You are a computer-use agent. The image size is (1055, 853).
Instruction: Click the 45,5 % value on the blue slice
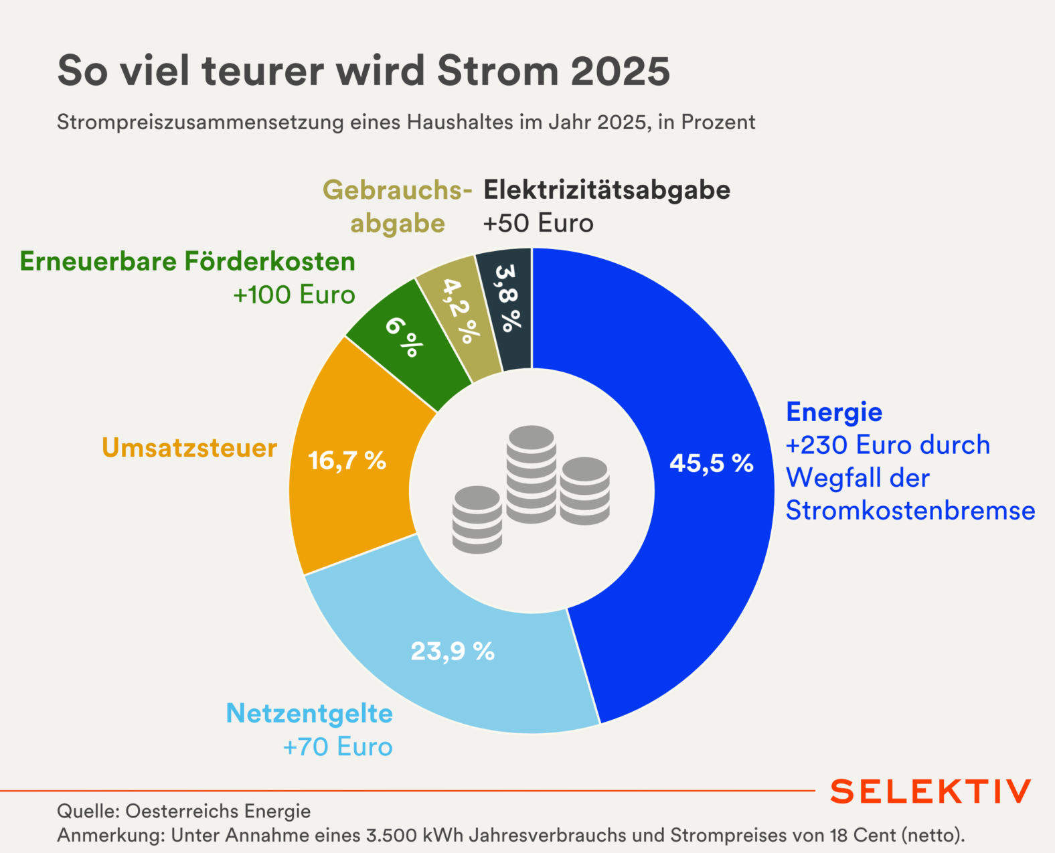click(x=711, y=463)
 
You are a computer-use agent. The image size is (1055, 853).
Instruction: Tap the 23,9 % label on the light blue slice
click(x=453, y=651)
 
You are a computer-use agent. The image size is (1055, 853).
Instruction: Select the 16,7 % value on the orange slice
click(x=347, y=461)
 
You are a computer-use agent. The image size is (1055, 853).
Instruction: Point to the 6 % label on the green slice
click(x=404, y=336)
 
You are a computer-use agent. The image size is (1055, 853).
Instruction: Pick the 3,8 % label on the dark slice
click(x=507, y=298)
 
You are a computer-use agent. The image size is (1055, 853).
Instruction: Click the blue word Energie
click(x=834, y=412)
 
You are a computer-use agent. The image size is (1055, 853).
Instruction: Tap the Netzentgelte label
click(x=309, y=713)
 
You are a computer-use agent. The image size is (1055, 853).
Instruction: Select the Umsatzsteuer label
click(x=189, y=448)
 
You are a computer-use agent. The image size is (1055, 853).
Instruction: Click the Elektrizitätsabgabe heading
click(x=606, y=190)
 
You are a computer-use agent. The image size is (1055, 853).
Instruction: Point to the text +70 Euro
click(x=338, y=747)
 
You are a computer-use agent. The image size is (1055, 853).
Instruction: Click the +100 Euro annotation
click(x=294, y=295)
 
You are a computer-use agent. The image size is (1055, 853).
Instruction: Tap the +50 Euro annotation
click(x=538, y=224)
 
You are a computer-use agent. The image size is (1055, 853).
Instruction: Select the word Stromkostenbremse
click(x=910, y=510)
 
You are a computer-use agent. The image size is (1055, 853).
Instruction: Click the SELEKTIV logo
click(x=930, y=791)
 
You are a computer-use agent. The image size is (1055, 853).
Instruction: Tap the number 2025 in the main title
click(x=621, y=71)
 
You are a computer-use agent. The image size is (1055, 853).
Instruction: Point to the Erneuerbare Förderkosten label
click(x=187, y=261)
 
